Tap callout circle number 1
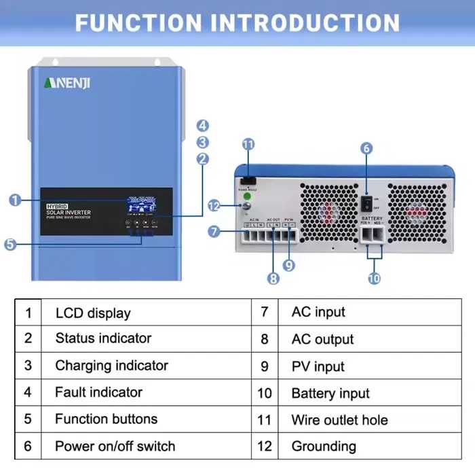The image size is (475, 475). [x=15, y=200]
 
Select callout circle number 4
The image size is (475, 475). [x=203, y=126]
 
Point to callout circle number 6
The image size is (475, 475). [x=366, y=148]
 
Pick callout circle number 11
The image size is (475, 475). [x=248, y=144]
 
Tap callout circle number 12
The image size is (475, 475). [x=214, y=205]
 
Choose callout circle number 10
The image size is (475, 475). [x=374, y=277]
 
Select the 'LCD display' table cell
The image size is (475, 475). [x=93, y=313]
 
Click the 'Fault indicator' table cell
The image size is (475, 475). [x=98, y=392]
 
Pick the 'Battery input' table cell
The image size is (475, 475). [x=330, y=393]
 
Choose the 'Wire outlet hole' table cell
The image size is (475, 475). [x=339, y=419]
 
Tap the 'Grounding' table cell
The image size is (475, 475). [x=324, y=446]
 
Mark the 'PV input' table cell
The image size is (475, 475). [x=318, y=366]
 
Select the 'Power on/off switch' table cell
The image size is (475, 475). [x=115, y=446]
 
